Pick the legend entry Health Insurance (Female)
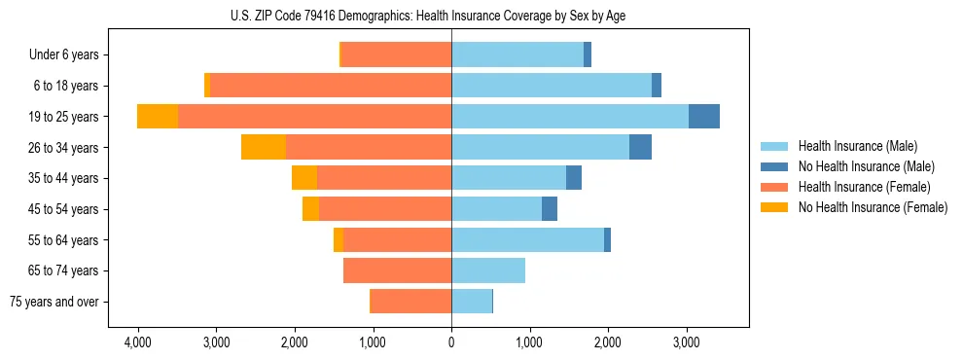864,187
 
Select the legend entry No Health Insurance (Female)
873,207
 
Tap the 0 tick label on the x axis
451,343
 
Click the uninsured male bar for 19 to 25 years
704,117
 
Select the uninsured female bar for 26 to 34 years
263,147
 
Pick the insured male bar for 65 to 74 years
488,270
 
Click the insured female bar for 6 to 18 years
331,86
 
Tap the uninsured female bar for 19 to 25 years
158,117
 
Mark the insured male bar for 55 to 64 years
527,239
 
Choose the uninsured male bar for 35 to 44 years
574,178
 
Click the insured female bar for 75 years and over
411,302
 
